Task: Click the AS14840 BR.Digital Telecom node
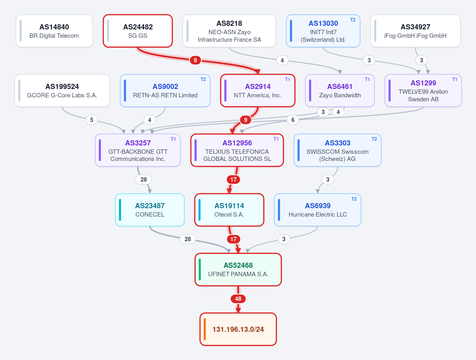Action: (54, 31)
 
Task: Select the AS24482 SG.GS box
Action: (138, 31)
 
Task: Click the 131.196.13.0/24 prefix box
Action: (238, 329)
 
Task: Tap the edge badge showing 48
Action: (238, 299)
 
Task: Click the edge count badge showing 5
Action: (92, 120)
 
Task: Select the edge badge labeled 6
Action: (293, 120)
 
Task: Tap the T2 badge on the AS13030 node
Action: (353, 20)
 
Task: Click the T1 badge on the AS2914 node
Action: (287, 79)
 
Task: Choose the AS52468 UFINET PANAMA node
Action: (238, 269)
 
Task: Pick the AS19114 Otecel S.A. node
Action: (229, 210)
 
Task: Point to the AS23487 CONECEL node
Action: (150, 210)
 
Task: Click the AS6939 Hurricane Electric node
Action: (318, 210)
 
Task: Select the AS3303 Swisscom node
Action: (337, 150)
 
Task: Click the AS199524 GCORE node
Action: (62, 91)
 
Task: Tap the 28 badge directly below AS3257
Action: (144, 179)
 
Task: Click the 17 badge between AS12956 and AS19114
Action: (233, 179)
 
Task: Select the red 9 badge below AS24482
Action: (195, 60)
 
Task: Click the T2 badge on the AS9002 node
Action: (203, 79)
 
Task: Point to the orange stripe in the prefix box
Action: (204, 329)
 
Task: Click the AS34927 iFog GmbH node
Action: (415, 31)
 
